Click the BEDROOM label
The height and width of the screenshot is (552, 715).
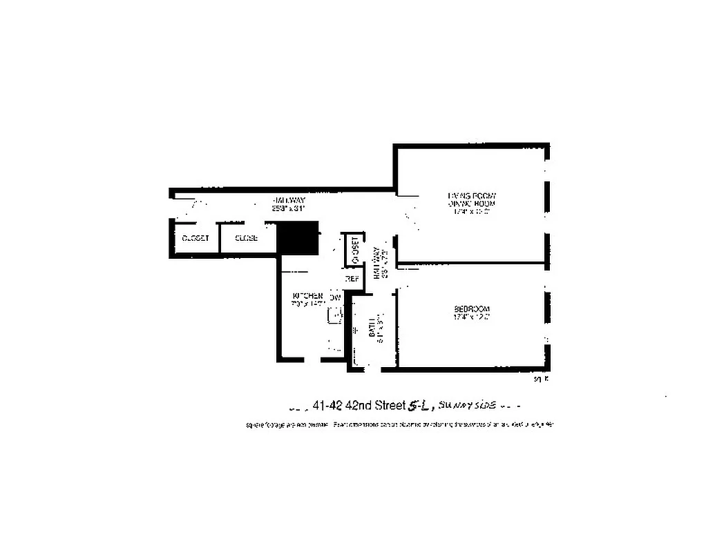pyautogui.click(x=472, y=308)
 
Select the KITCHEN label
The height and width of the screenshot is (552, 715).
pyautogui.click(x=307, y=295)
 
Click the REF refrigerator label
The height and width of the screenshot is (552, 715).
pyautogui.click(x=352, y=279)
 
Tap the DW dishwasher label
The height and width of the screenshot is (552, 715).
pyautogui.click(x=336, y=297)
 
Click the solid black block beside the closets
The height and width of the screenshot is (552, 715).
pyautogui.click(x=297, y=238)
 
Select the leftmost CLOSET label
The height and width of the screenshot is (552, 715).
pyautogui.click(x=195, y=238)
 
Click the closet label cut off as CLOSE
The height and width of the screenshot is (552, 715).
pyautogui.click(x=247, y=238)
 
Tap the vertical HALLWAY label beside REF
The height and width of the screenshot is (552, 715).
pyautogui.click(x=377, y=262)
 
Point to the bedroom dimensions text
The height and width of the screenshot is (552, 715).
pyautogui.click(x=472, y=317)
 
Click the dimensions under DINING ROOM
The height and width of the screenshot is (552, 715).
pyautogui.click(x=472, y=212)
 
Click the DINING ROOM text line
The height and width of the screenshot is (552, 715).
pyautogui.click(x=472, y=204)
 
